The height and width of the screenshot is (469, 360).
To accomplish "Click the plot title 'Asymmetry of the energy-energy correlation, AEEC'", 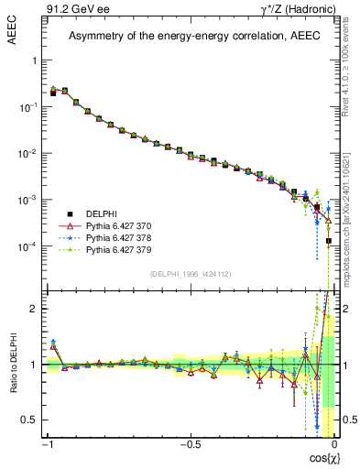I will click(190, 37).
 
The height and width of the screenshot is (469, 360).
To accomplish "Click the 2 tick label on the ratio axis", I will click(36, 309).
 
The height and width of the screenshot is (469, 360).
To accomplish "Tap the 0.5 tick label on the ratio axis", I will click(32, 420).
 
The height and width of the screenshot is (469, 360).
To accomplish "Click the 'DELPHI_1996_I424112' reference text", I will click(191, 274).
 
